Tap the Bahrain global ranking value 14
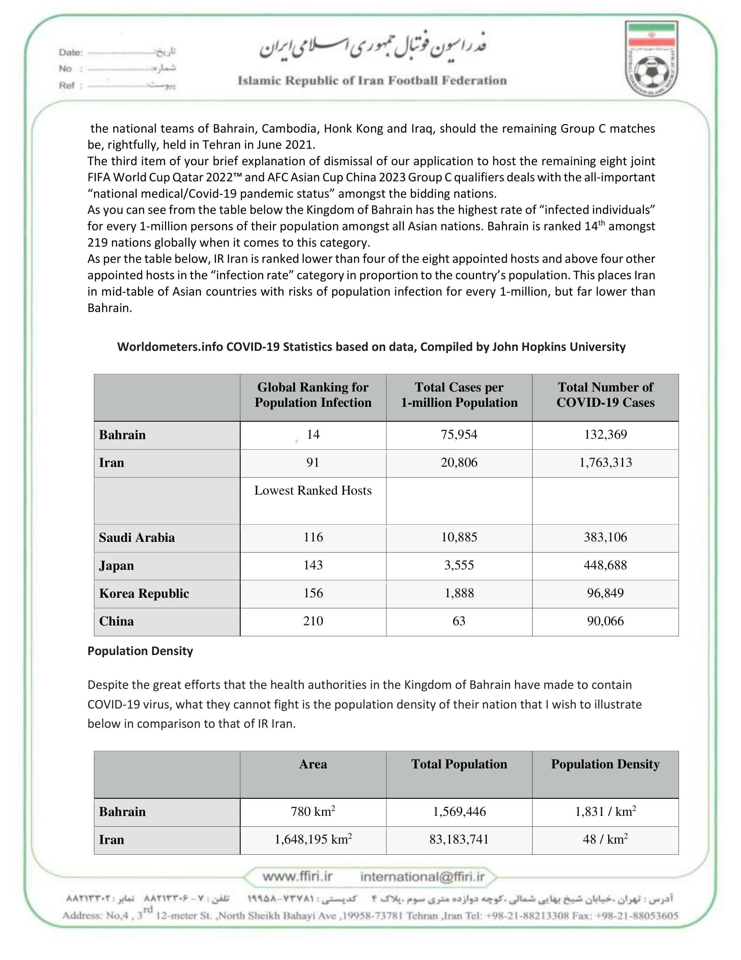pos(313,435)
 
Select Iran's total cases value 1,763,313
pos(605,462)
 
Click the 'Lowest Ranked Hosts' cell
pos(313,491)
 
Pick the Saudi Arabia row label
pos(137,537)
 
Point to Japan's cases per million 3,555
pos(459,565)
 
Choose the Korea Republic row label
pos(144,593)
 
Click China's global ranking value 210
pos(313,621)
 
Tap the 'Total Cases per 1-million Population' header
pos(459,395)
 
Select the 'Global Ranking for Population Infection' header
pos(313,395)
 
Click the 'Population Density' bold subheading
pos(140,651)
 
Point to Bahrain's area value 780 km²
pos(313,811)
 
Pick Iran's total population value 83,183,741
pos(459,839)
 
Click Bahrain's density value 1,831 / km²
pos(605,811)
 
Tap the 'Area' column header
pos(313,764)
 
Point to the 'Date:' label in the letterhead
pos(71,53)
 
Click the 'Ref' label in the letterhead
pos(67,86)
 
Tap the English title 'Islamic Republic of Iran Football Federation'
pos(372,81)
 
